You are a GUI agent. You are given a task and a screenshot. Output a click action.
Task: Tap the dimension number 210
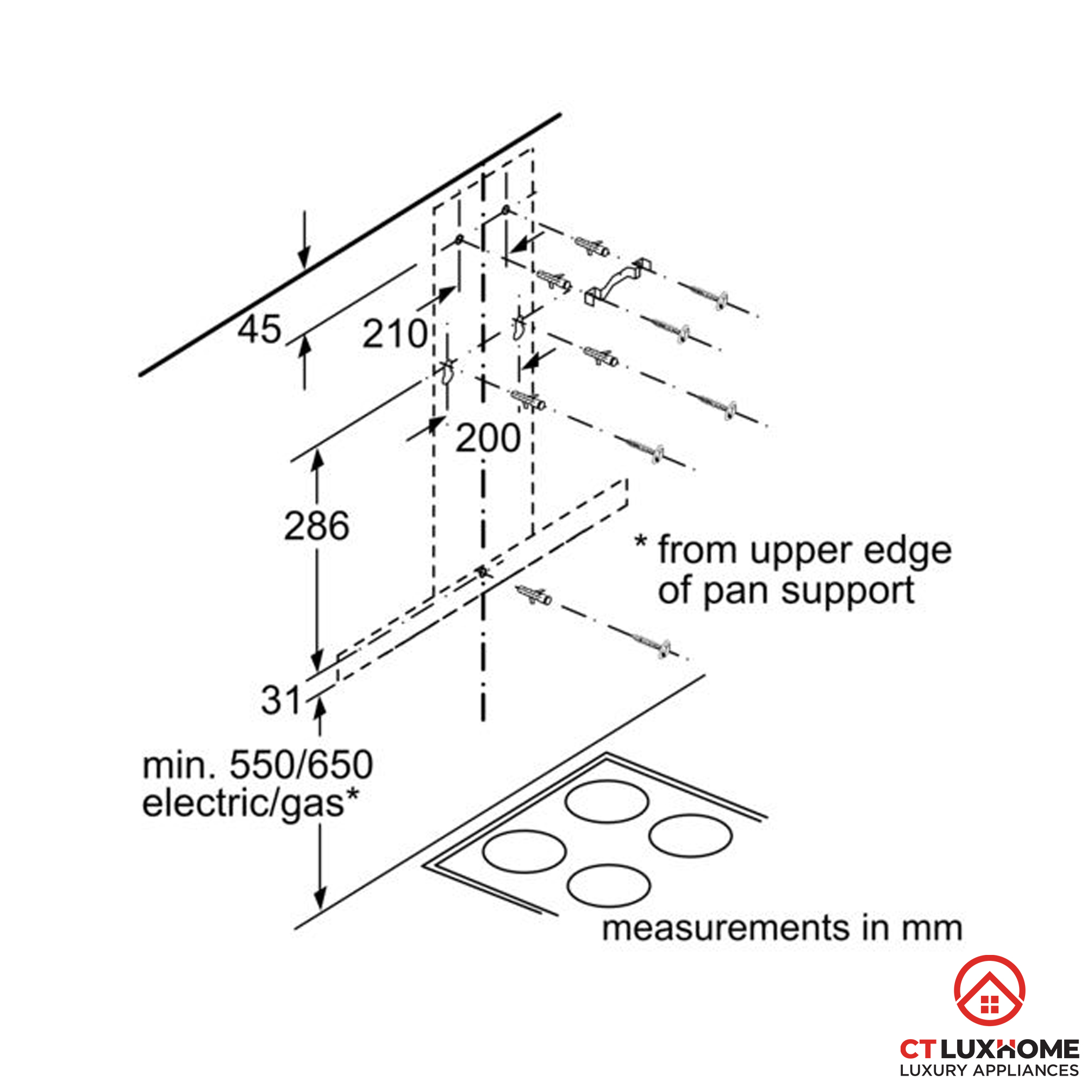(x=395, y=334)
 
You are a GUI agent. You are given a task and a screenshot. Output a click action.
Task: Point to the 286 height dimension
(x=316, y=526)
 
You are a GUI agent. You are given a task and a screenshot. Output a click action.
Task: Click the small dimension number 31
(x=282, y=701)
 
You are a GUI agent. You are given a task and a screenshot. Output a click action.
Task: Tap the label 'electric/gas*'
(x=251, y=803)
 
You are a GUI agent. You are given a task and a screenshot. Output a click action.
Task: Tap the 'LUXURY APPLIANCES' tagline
(x=989, y=1070)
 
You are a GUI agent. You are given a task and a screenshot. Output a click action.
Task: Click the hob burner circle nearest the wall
(x=607, y=801)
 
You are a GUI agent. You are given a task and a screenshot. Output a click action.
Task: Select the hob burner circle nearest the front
(x=609, y=885)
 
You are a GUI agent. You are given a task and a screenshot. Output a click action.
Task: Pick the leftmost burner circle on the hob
(x=524, y=852)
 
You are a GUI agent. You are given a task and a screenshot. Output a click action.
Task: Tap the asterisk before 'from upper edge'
(x=641, y=542)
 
